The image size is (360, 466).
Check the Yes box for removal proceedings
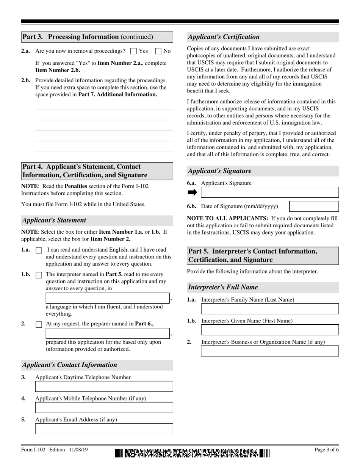tap(133, 51)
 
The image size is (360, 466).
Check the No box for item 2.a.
tap(158, 51)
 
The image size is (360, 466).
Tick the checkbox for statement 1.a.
tap(39, 250)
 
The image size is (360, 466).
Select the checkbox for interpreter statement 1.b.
tap(39, 275)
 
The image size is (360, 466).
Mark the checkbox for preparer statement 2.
tap(39, 325)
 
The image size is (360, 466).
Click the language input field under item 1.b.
tap(108, 298)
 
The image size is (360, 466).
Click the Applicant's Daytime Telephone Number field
tap(104, 386)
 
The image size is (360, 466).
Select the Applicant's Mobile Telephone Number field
tap(104, 408)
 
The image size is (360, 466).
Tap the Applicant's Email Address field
tap(104, 429)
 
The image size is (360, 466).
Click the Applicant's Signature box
tap(269, 192)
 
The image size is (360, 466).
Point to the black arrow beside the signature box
tap(193, 192)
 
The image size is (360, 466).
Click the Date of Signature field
tap(314, 206)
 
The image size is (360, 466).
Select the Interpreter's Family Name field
tap(269, 309)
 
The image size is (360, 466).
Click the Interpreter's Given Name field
tap(269, 330)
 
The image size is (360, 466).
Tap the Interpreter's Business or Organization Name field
tap(269, 351)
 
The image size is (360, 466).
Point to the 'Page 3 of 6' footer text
tap(326, 450)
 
